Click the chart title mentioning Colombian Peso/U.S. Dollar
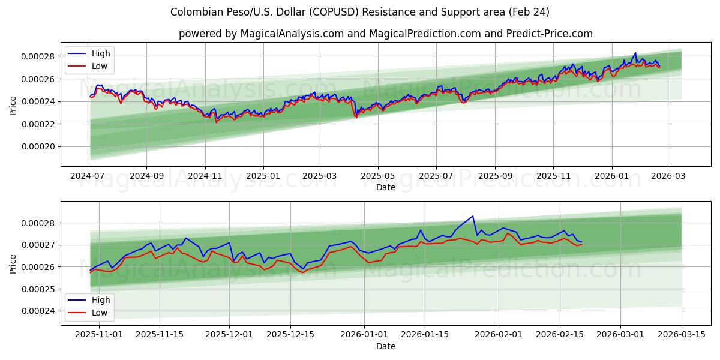[360, 12]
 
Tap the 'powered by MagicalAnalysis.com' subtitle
[385, 34]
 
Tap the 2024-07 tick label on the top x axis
[88, 176]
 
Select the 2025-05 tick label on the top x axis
[378, 176]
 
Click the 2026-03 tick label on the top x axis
[668, 176]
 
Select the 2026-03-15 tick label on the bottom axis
[682, 335]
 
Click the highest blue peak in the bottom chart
[472, 216]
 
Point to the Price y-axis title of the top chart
[13, 106]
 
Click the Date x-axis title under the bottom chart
[385, 346]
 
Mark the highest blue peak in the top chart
[635, 53]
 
